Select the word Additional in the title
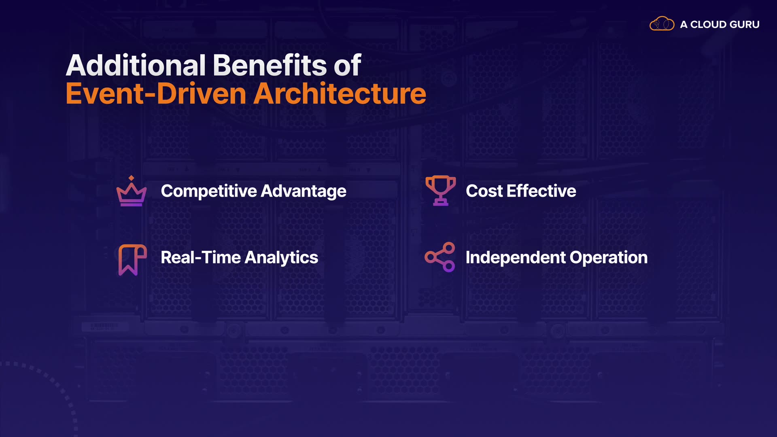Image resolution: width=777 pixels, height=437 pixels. click(136, 65)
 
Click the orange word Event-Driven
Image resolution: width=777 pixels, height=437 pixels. click(156, 94)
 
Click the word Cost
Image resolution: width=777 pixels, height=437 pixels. click(484, 191)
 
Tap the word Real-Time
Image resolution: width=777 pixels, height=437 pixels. click(201, 258)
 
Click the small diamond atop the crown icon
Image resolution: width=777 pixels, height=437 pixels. click(131, 178)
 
